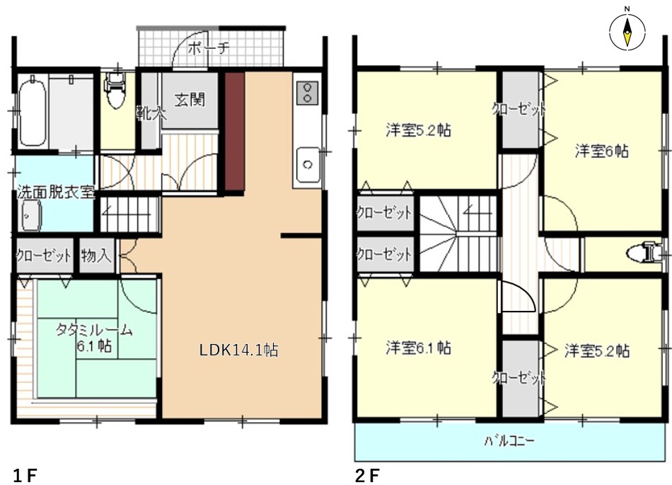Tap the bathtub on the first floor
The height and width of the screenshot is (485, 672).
(32, 110)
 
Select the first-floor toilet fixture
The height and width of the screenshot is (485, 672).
(115, 89)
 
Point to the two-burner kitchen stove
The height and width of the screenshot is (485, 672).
(307, 93)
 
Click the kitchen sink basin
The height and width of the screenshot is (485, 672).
(307, 165)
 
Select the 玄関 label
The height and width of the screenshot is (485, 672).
(190, 100)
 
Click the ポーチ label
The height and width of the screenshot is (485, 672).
(209, 47)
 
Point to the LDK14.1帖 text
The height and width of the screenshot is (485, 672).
(238, 350)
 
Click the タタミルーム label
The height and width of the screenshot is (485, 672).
(94, 330)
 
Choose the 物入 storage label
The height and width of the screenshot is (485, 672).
(96, 256)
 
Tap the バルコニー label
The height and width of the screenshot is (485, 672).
(509, 440)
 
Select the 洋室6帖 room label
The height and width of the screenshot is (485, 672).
(602, 151)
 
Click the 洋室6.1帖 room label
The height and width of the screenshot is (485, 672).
(418, 348)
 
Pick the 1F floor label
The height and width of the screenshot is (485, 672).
(25, 476)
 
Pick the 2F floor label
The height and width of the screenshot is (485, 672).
(368, 476)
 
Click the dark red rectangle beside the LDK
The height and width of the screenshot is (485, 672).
(234, 131)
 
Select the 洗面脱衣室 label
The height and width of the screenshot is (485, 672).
(55, 192)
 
